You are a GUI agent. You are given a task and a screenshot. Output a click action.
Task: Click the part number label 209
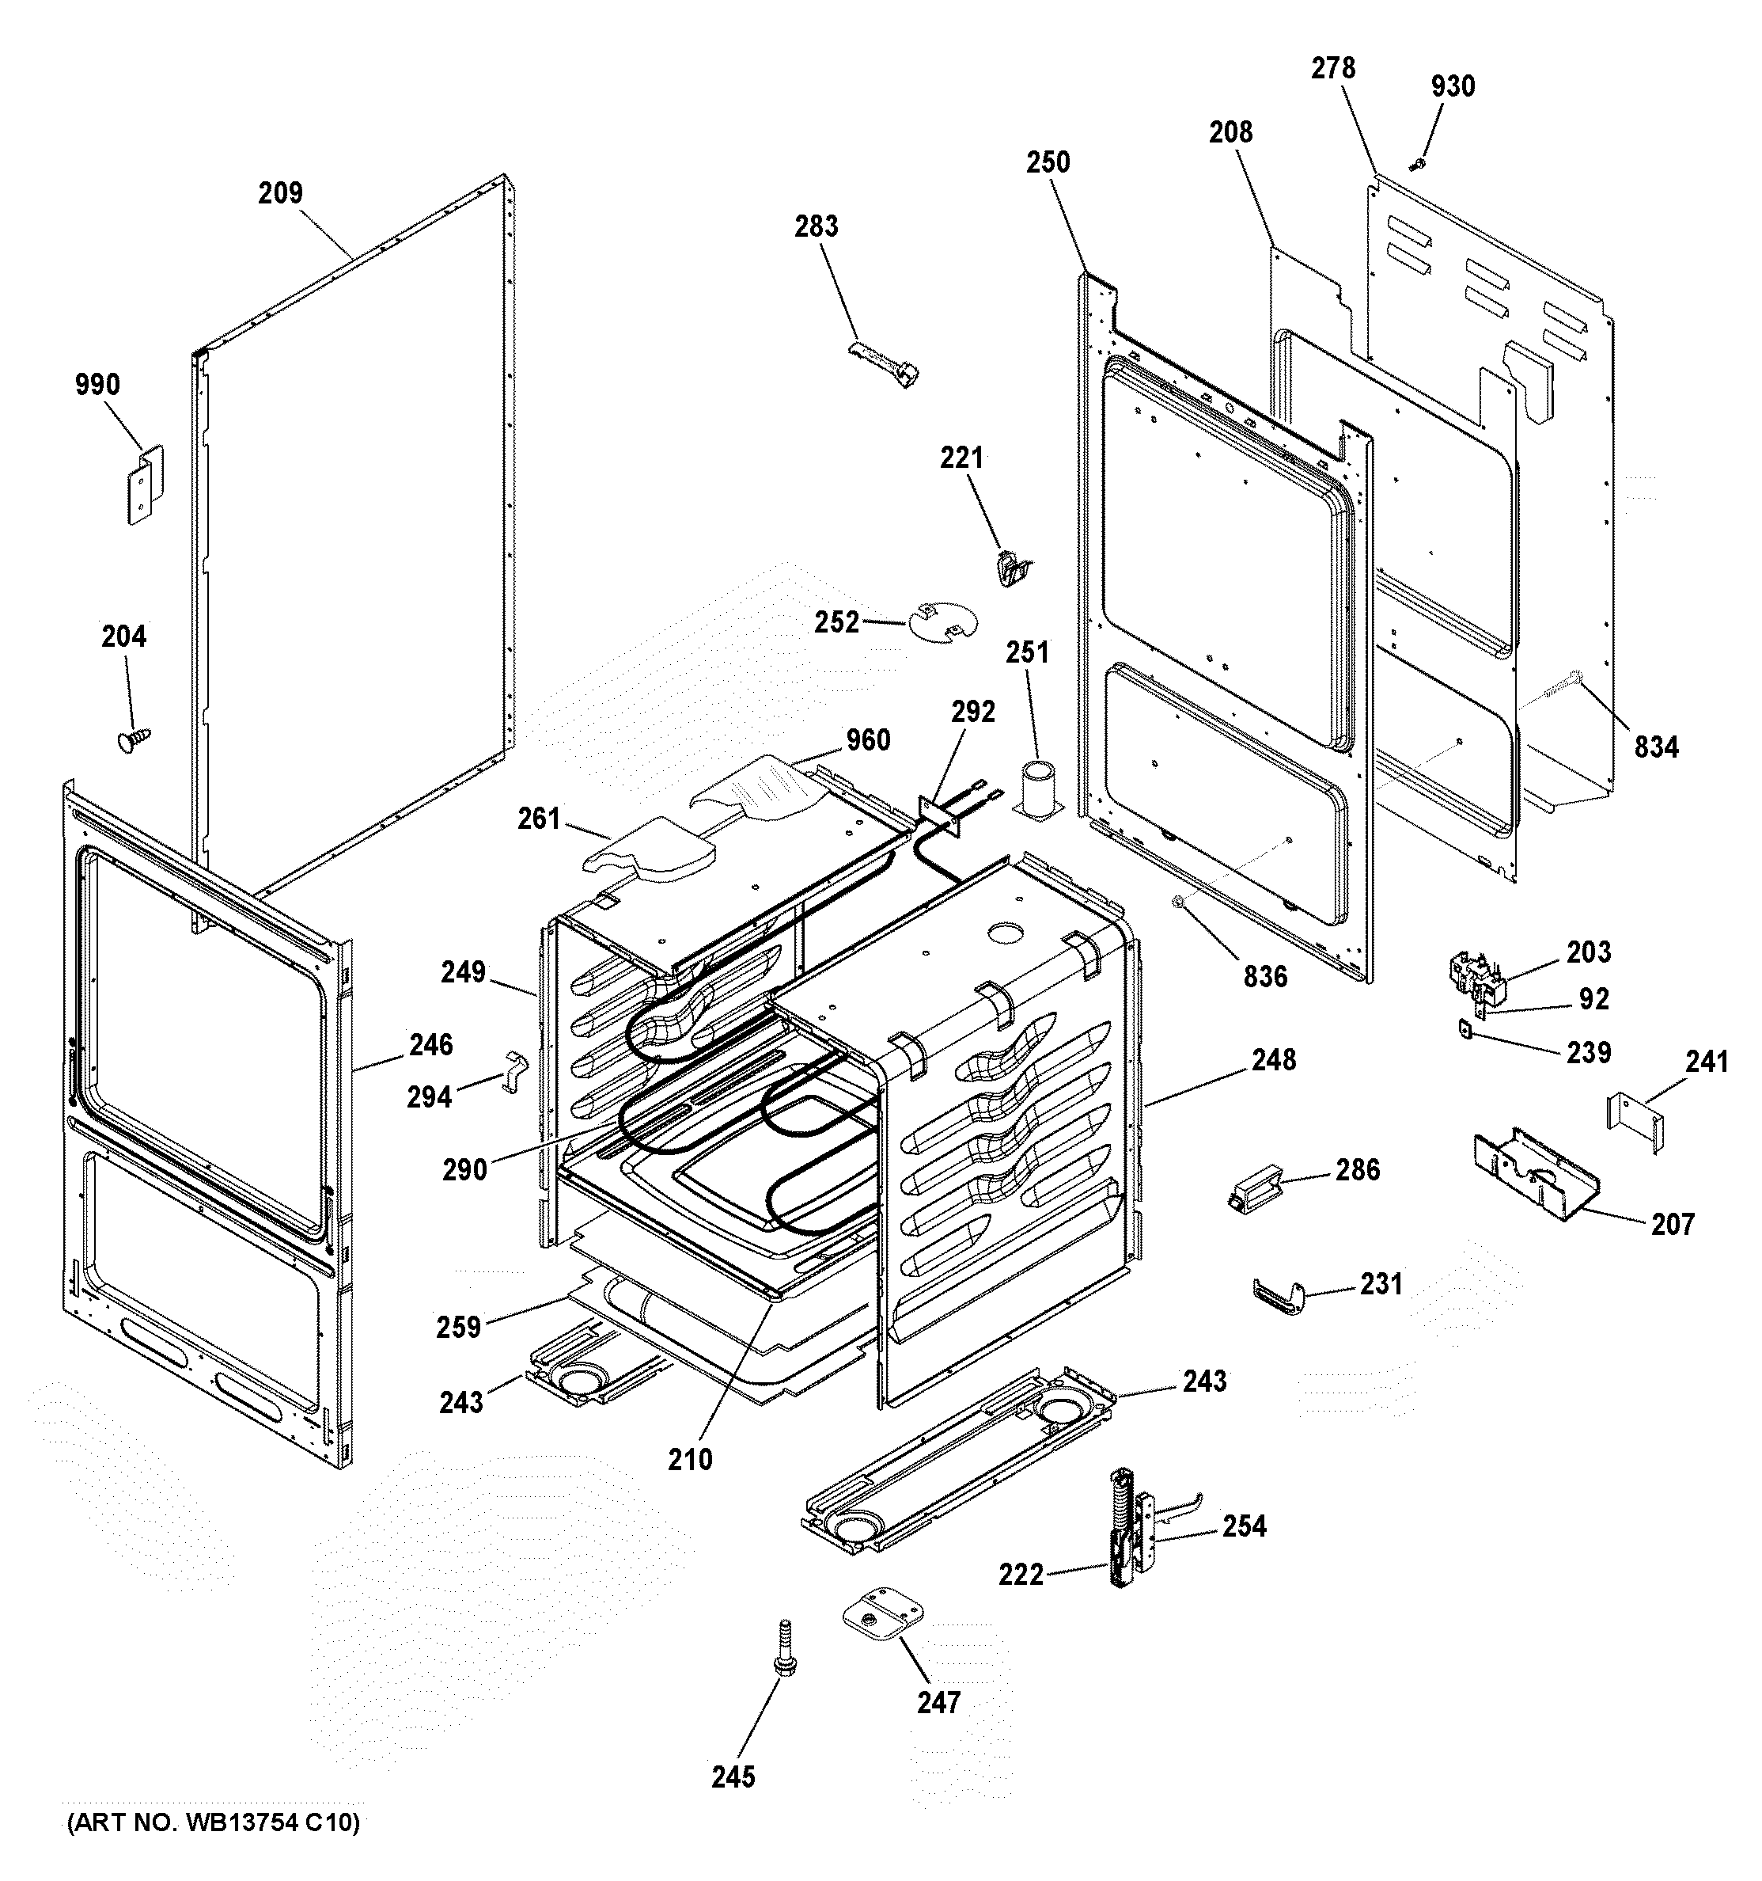pos(280,193)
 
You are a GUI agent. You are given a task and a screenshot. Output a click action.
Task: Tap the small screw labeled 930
pos(1415,165)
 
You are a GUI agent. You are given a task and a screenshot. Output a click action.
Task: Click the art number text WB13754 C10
pos(213,1822)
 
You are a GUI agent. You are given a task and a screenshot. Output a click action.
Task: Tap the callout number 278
pos(1332,68)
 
